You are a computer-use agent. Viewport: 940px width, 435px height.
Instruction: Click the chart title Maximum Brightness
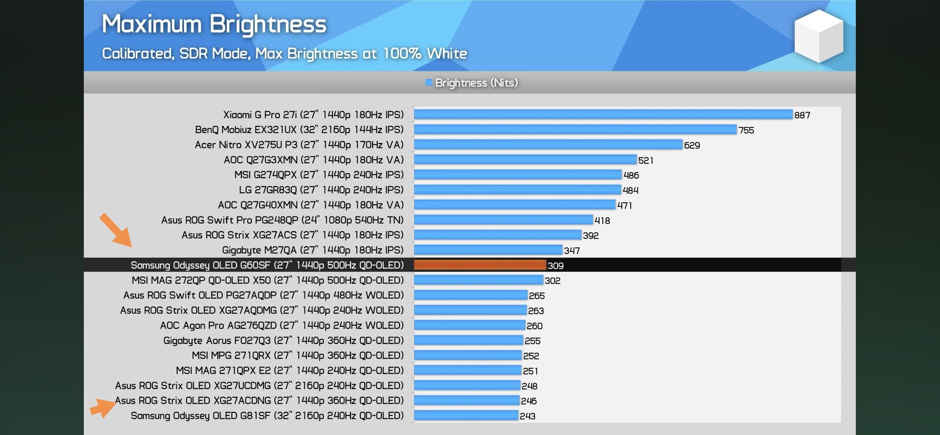point(214,24)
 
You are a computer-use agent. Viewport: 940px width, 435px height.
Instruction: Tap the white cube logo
point(819,37)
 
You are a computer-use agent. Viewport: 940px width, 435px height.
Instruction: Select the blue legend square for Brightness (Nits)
point(429,82)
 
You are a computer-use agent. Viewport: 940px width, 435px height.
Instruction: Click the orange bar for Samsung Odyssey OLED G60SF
point(480,265)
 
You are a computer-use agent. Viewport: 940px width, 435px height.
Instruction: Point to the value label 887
point(802,115)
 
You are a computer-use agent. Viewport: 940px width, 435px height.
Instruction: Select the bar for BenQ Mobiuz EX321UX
point(575,130)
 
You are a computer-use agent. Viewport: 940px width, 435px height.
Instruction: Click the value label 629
point(692,145)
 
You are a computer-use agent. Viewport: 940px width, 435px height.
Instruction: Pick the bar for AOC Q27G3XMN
point(525,160)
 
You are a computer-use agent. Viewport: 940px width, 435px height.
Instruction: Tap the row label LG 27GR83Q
point(321,190)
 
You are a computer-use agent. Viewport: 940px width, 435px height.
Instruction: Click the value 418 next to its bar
point(602,220)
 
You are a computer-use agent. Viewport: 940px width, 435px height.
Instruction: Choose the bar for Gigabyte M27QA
point(488,250)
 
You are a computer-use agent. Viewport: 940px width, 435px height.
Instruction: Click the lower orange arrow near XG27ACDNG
point(102,407)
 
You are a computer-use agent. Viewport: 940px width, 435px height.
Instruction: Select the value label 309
point(555,266)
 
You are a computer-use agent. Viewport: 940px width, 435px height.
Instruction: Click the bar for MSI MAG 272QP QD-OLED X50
point(479,280)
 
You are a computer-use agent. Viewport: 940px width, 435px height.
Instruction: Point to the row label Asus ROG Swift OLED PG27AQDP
point(263,295)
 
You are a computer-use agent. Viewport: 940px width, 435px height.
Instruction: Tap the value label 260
point(534,326)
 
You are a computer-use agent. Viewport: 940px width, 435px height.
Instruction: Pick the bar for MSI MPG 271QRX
point(468,356)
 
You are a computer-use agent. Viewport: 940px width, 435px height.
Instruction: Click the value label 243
point(527,416)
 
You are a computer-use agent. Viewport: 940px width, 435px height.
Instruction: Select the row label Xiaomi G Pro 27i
point(313,115)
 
